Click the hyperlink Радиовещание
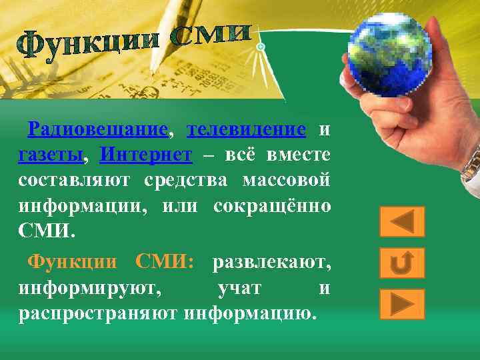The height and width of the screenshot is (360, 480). point(97,129)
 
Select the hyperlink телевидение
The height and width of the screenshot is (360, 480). point(247,129)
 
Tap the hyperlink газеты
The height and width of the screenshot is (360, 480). point(51,155)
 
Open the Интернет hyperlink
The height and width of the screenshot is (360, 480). point(145,155)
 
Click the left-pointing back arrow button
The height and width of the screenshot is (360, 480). point(402,222)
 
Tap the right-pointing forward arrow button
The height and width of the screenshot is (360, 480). point(402,304)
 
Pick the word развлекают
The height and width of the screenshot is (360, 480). point(271,263)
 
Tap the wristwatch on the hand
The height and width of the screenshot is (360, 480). point(472,163)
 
